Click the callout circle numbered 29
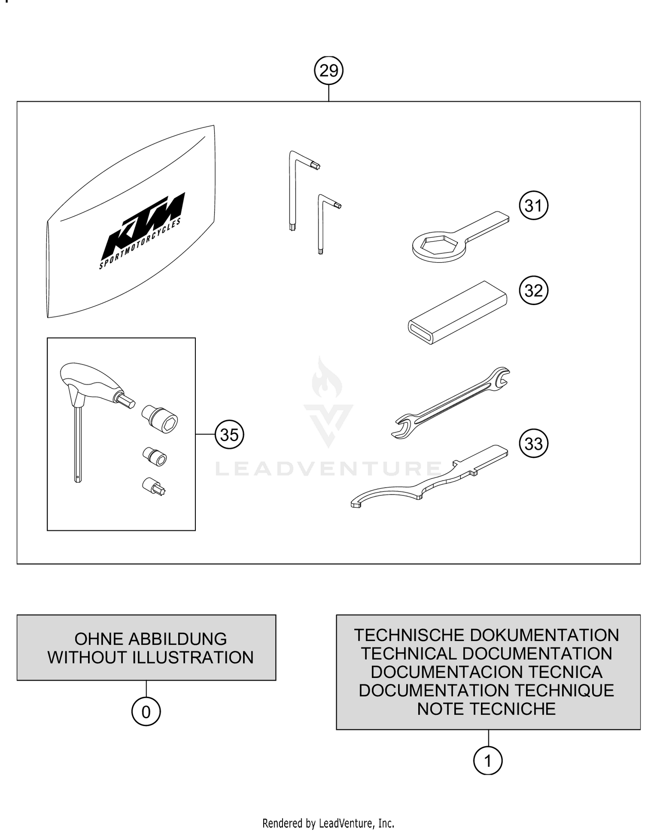pos(328,70)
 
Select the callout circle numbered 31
pos(533,205)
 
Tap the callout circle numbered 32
pos(533,290)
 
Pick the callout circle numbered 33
pos(533,443)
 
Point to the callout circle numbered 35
pos(229,435)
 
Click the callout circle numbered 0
pos(146,712)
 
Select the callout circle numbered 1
pos(487,761)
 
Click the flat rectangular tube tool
pos(458,312)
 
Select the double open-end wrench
pos(451,402)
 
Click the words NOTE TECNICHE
pos(486,709)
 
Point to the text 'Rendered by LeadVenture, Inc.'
pos(328,823)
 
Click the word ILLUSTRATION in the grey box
pos(193,657)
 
